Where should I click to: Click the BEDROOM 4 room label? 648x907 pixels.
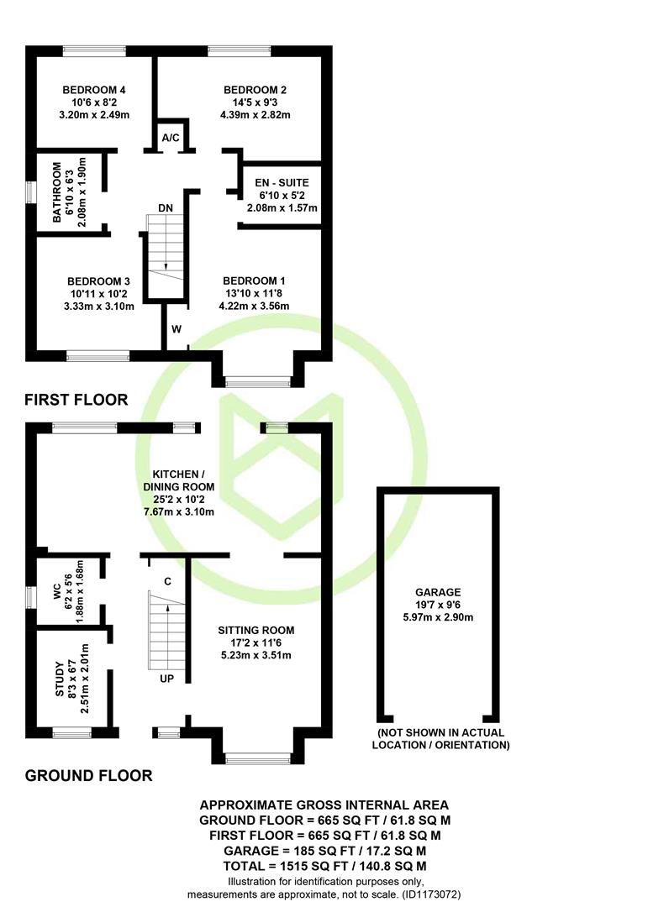coord(94,90)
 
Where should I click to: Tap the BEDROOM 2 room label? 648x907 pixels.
coord(255,90)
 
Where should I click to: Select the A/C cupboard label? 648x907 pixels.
coord(171,138)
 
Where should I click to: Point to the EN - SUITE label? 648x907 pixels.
coord(282,182)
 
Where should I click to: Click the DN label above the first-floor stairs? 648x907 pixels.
coord(165,207)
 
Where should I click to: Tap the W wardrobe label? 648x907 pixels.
coord(176,329)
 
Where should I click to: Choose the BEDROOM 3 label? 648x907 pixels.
coord(98,281)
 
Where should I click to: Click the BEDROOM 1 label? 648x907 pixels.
coord(254,281)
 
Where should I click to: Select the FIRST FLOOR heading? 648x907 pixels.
coord(76,400)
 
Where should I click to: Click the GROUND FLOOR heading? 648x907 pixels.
coord(88,776)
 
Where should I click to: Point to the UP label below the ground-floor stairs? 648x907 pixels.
coord(166,678)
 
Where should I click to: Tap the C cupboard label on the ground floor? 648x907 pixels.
coord(167,581)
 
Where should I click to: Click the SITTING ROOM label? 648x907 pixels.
coord(256,630)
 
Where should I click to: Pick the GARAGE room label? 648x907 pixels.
coord(438,592)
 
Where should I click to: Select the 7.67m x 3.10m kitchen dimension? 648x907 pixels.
coord(178,512)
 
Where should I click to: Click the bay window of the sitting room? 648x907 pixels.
coord(258,758)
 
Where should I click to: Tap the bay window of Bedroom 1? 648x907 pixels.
coord(258,382)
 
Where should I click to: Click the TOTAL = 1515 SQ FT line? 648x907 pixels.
coord(325,866)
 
